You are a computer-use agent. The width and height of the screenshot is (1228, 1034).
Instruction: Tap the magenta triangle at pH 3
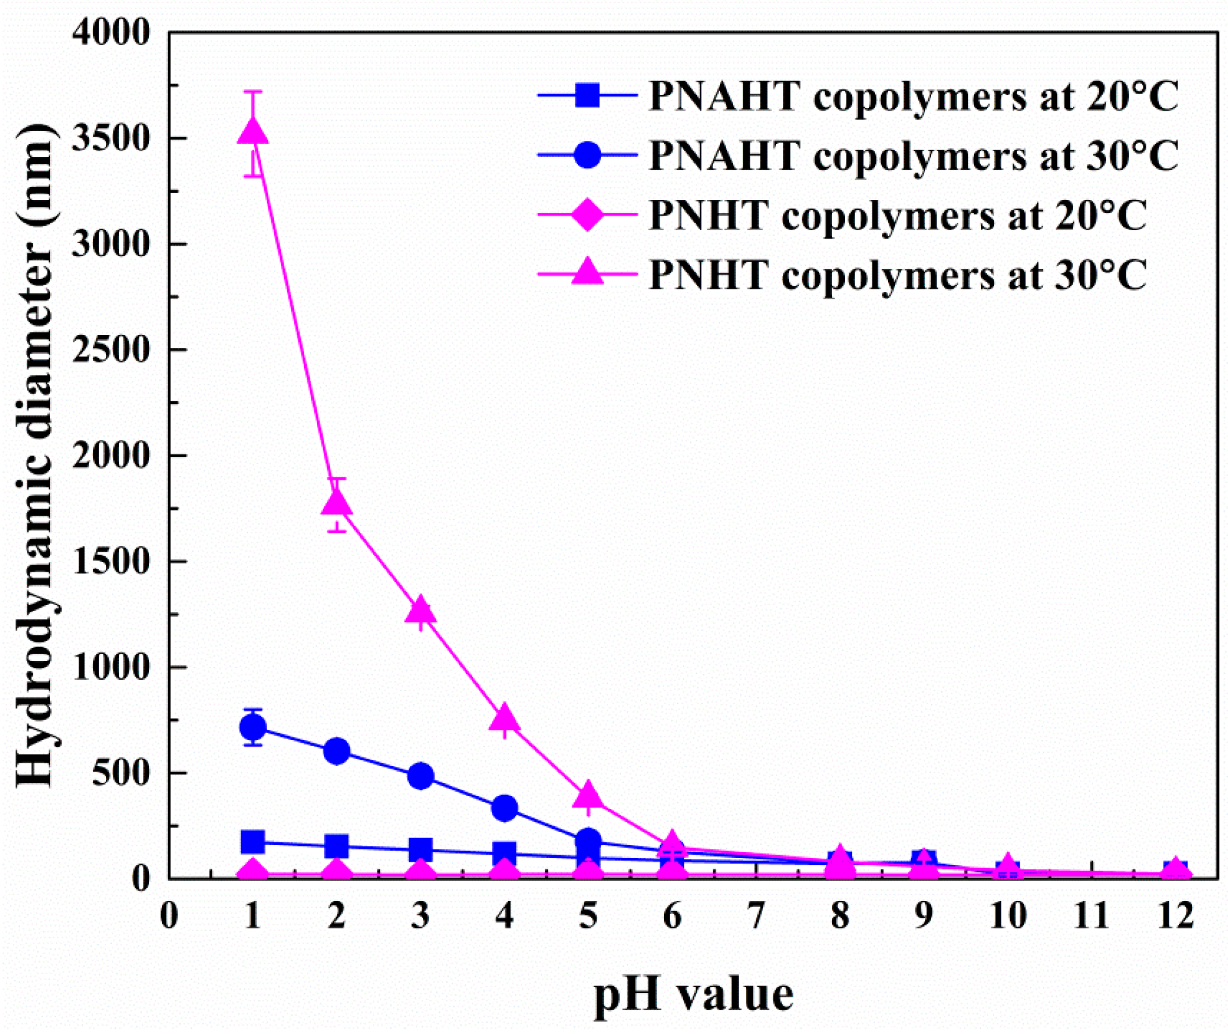point(420,610)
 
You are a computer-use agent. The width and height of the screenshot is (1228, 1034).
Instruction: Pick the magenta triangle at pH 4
point(504,718)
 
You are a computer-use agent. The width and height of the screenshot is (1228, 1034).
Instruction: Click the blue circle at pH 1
point(253,727)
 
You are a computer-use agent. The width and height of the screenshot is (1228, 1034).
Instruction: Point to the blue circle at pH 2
point(336,750)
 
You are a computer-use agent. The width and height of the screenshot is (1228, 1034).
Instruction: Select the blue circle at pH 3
point(420,775)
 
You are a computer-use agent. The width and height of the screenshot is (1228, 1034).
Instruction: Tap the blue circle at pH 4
point(504,808)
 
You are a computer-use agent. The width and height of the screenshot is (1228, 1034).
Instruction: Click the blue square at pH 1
point(253,842)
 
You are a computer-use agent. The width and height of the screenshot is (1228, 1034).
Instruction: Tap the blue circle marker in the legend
point(587,155)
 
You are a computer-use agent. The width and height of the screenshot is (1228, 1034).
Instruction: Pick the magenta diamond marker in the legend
point(587,215)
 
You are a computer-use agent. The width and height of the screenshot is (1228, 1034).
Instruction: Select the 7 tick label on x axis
point(756,915)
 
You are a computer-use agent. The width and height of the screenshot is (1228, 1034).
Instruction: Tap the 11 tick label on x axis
point(1091,915)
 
